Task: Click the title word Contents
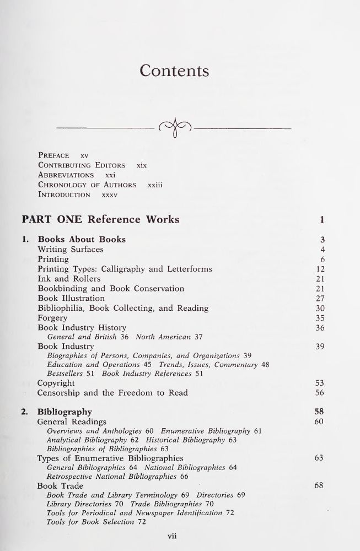174,71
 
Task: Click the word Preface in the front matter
53,155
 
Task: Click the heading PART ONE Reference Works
100,219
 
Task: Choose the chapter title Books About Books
82,239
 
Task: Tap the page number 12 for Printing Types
320,269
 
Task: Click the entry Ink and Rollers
69,279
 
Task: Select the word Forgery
52,318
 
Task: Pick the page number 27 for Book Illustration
320,299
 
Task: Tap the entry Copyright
56,383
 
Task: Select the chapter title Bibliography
65,412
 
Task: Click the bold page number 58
319,412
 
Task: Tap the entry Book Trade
60,485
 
